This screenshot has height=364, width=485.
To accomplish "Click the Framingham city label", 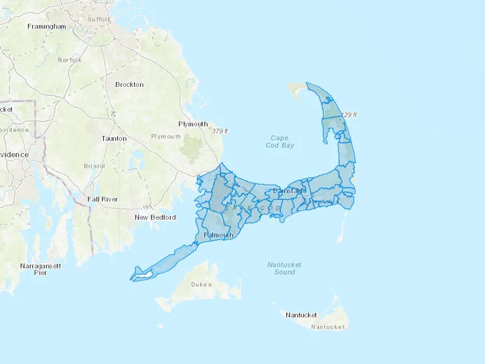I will click(47, 26).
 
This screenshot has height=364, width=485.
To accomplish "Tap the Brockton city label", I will click(129, 85).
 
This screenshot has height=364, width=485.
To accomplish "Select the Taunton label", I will click(114, 139).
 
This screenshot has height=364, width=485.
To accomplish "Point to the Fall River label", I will click(103, 199).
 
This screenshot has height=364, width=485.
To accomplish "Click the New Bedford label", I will click(155, 217).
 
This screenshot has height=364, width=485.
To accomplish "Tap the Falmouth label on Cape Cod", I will click(219, 235).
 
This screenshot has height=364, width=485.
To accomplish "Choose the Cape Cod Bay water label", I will click(280, 142).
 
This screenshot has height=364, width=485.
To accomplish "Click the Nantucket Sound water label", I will click(285, 268).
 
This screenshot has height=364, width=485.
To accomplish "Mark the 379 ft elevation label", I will click(220, 131).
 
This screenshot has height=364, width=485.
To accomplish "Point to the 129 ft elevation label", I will click(349, 115).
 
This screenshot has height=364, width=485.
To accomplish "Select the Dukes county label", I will click(201, 284).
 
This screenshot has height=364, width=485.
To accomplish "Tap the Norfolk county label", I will click(70, 60).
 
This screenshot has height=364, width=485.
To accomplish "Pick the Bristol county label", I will click(94, 166).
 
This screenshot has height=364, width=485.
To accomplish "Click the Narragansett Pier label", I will click(40, 269).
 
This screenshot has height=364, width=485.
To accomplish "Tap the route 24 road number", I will click(113, 114).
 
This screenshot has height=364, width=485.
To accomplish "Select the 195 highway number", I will click(147, 207).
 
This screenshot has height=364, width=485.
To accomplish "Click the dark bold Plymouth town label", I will click(193, 124).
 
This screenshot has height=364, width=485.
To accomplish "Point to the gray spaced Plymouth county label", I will click(166, 136).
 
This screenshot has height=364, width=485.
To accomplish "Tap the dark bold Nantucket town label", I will click(301, 315).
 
